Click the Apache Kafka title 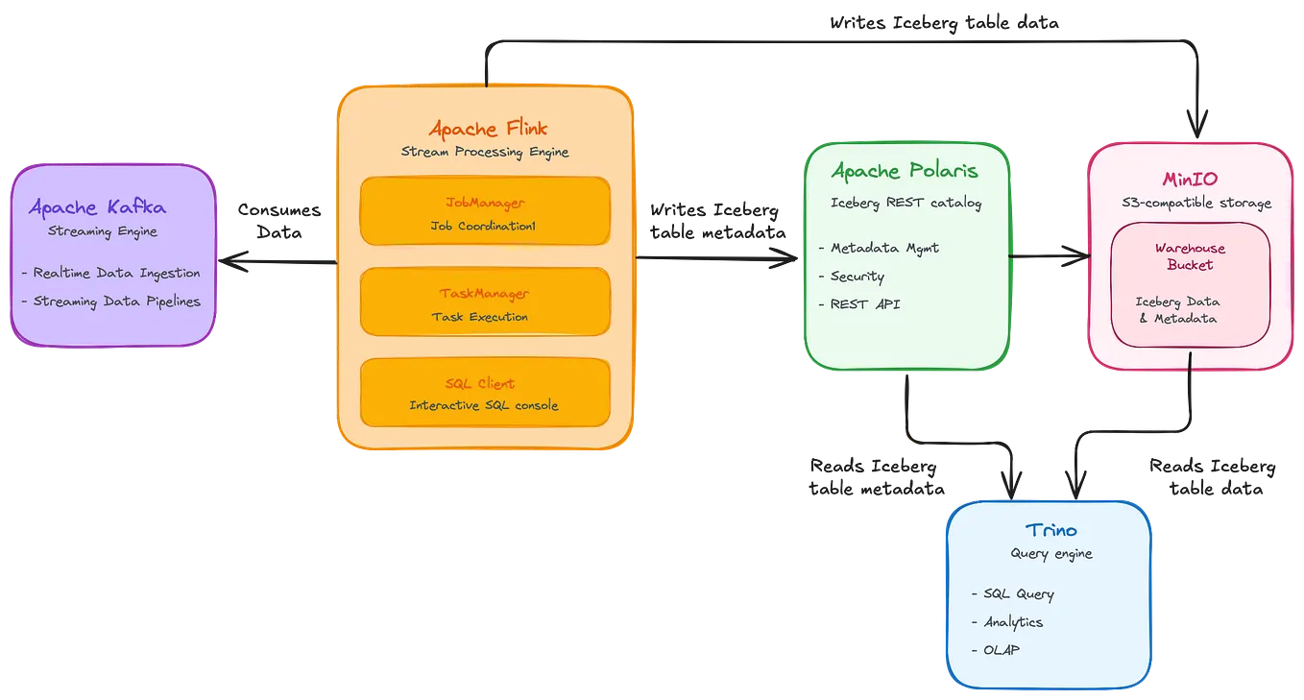(97, 207)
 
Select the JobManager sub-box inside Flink (485, 211)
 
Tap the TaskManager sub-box (485, 302)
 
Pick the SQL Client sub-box (485, 392)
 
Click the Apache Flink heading (488, 128)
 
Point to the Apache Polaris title (905, 171)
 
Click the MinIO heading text (1191, 179)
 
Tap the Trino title (1050, 529)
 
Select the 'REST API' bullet (865, 304)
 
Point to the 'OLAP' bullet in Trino (1001, 650)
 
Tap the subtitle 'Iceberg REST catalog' (906, 203)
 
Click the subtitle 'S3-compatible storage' (1195, 203)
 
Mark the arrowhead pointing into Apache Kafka (228, 262)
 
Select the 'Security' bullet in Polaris (857, 277)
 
